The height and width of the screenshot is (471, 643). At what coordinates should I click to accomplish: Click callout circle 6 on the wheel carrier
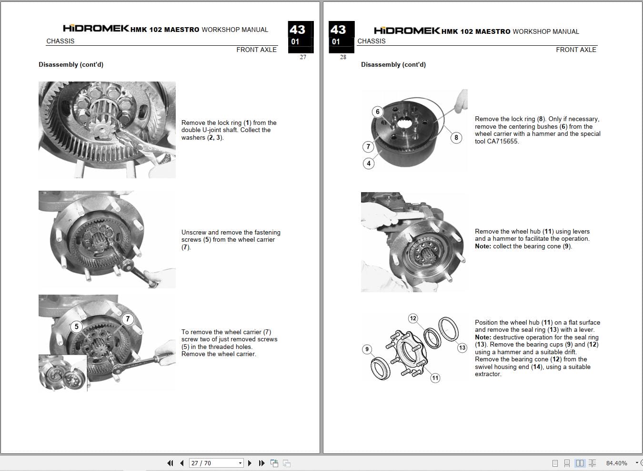click(378, 112)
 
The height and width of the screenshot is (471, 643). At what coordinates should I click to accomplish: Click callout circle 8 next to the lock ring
click(456, 138)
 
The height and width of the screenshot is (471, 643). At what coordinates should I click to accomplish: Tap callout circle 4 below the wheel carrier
click(368, 164)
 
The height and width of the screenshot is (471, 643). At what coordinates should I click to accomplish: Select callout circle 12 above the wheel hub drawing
click(413, 318)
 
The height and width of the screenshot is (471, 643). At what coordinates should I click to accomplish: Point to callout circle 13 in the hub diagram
click(462, 348)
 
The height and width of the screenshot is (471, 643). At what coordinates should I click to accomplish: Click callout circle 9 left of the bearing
click(367, 349)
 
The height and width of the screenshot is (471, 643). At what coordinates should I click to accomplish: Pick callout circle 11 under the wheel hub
click(435, 378)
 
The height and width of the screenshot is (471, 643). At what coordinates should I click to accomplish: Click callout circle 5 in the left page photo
click(76, 327)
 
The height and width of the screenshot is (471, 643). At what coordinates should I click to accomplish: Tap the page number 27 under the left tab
click(303, 57)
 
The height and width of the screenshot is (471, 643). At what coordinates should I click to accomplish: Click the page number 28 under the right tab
click(343, 57)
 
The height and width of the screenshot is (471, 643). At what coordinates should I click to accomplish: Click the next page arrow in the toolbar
click(250, 463)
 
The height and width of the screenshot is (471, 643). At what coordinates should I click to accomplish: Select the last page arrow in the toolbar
click(261, 463)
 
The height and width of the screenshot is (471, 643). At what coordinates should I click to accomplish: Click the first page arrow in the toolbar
click(170, 463)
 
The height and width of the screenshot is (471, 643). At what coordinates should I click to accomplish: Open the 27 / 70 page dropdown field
click(216, 463)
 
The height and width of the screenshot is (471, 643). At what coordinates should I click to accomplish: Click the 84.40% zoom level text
click(616, 463)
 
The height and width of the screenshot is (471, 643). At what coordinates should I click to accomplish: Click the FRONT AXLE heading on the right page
click(576, 50)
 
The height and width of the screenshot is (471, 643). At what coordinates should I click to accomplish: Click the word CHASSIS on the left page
click(60, 41)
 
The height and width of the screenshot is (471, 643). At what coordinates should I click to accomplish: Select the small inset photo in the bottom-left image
click(62, 373)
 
